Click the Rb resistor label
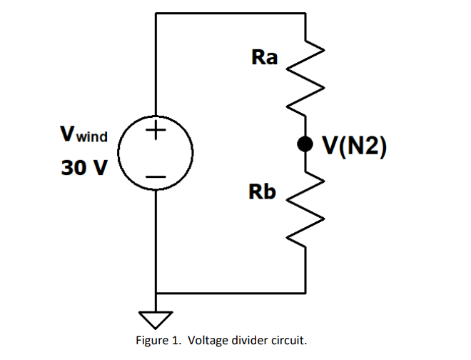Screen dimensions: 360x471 pyautogui.click(x=262, y=191)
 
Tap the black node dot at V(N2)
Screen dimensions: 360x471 pyautogui.click(x=305, y=144)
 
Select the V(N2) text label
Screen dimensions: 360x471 pyautogui.click(x=355, y=145)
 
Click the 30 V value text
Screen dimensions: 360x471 pyautogui.click(x=84, y=169)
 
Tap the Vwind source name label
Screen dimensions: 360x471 pyautogui.click(x=84, y=134)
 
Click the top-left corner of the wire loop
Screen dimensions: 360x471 pyautogui.click(x=156, y=13)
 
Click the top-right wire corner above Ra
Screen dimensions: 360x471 pyautogui.click(x=305, y=13)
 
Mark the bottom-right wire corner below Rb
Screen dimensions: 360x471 pyautogui.click(x=305, y=293)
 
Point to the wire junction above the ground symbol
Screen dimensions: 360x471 pyautogui.click(x=156, y=293)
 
